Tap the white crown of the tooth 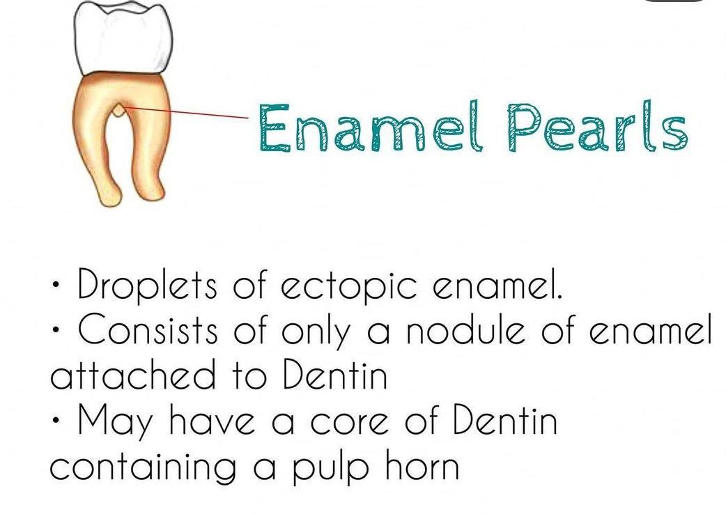click(x=123, y=37)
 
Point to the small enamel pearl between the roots click(x=119, y=109)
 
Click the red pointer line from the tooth click(x=186, y=112)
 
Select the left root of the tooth click(x=95, y=148)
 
